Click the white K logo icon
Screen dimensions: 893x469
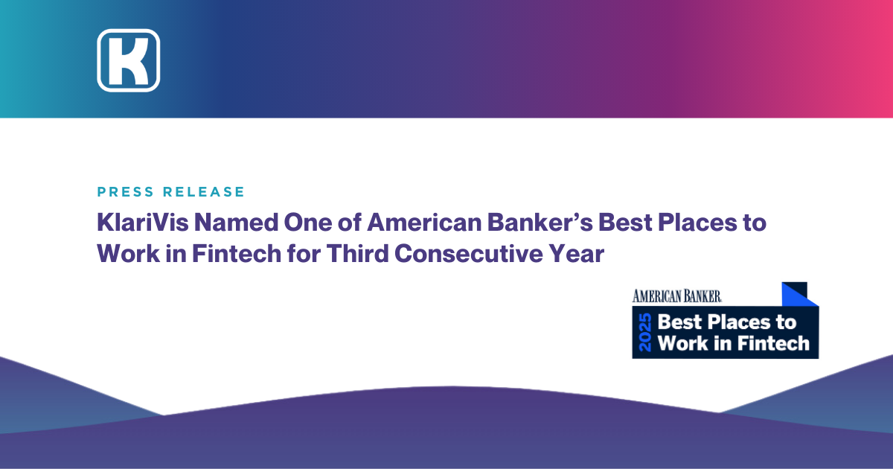[128, 60]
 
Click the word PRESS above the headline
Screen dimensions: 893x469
[126, 192]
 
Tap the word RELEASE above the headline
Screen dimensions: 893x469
[204, 192]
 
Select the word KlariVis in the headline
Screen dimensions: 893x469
[143, 222]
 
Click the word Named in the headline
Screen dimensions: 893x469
[237, 222]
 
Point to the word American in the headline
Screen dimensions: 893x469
[424, 222]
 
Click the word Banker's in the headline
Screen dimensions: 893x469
[540, 222]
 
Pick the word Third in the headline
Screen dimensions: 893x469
[358, 254]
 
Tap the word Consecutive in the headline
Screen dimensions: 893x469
[469, 254]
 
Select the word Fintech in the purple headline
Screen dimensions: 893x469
[237, 254]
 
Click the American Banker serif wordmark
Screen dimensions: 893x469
[677, 296]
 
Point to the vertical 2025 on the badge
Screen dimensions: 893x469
[645, 332]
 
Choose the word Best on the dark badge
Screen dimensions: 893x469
[679, 322]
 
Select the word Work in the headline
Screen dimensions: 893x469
[128, 254]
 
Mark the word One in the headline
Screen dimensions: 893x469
[308, 222]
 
